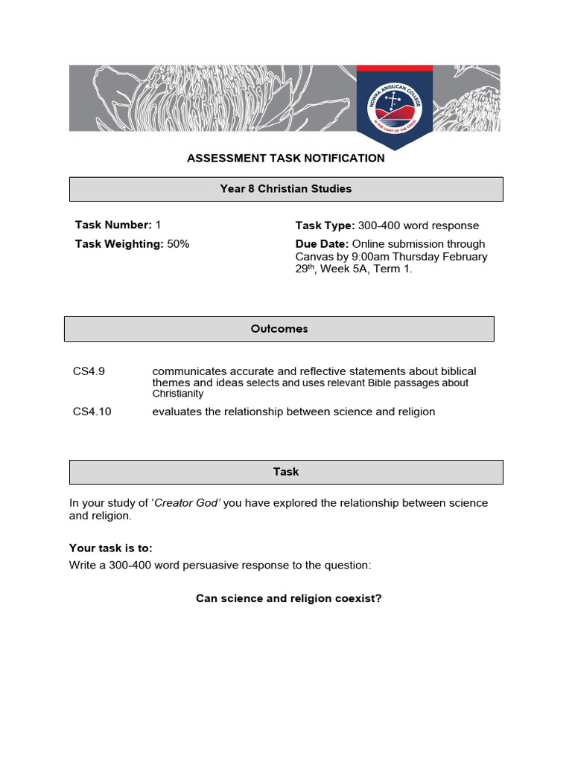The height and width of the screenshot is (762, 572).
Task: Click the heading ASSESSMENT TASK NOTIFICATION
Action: (286, 159)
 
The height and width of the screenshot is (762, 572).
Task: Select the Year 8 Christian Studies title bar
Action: (286, 189)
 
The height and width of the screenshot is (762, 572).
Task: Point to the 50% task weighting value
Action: (178, 244)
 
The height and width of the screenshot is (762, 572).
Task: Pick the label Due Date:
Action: (322, 244)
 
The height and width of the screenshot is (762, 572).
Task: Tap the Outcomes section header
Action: (279, 329)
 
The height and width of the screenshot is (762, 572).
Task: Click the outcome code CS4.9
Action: (89, 371)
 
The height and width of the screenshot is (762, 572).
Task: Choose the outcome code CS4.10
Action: (92, 412)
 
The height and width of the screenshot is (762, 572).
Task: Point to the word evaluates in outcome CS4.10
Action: (177, 412)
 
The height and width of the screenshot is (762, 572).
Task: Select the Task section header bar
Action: (286, 472)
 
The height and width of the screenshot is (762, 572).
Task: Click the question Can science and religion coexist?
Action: (288, 599)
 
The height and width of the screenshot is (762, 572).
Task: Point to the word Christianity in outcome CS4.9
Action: (178, 394)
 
